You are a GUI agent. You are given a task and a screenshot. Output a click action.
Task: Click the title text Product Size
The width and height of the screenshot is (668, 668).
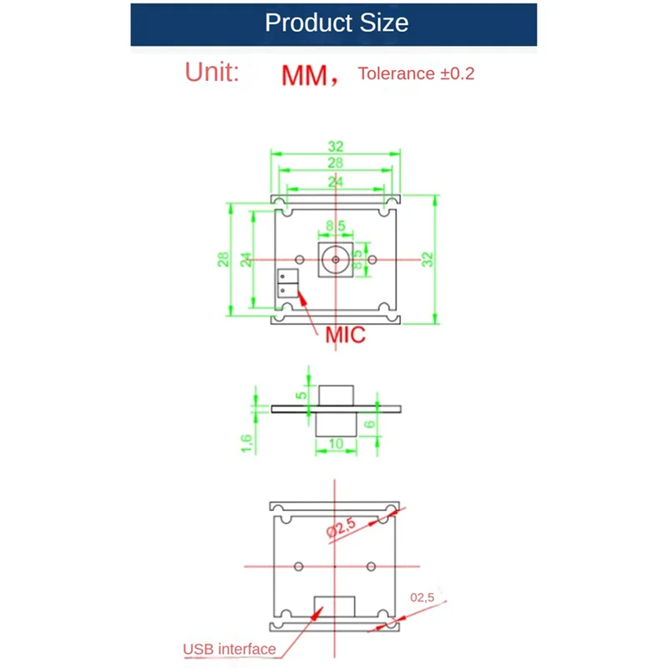coord(337,23)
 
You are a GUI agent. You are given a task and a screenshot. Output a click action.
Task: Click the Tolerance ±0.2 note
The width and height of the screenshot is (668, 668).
coord(416,73)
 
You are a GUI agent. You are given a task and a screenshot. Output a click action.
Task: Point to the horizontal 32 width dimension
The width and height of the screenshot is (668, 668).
coord(336,145)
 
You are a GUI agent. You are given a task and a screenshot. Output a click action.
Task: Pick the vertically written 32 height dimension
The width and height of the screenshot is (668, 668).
coord(428,259)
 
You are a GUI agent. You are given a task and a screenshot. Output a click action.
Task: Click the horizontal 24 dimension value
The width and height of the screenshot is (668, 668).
coord(336,181)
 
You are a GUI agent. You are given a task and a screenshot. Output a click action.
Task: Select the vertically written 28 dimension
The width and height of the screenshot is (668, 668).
coord(224,259)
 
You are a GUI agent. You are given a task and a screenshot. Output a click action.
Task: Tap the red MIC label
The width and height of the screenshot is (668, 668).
coord(346,336)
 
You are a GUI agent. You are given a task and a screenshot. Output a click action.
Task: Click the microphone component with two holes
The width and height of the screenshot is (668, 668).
coord(286,283)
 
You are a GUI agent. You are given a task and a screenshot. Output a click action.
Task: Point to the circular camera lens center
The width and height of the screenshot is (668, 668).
coord(336,260)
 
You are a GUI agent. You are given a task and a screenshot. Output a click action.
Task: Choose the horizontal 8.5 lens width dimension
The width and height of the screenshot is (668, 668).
coord(336,225)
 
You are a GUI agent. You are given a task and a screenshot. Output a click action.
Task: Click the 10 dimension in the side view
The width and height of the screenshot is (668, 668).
coord(337,444)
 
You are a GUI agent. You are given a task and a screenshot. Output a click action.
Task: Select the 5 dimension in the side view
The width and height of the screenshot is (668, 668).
coord(301,392)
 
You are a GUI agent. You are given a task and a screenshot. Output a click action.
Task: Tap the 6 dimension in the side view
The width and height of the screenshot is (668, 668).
coord(371,424)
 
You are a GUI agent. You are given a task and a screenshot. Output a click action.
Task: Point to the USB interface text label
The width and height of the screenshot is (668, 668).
coord(229,649)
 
